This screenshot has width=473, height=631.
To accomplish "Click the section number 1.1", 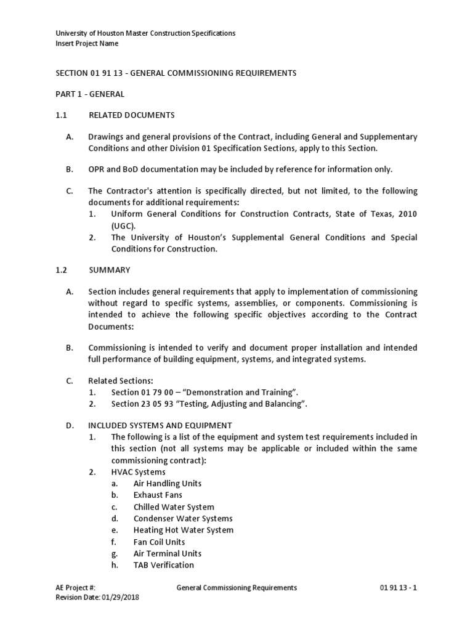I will click(60, 115).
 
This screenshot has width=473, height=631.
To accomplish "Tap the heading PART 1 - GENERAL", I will click(81, 94).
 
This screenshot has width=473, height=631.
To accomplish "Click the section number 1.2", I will click(60, 270).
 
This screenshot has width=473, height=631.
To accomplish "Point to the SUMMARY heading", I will click(110, 270).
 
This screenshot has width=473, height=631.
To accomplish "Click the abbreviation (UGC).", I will click(124, 226).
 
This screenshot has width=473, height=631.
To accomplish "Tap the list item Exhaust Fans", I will click(158, 495).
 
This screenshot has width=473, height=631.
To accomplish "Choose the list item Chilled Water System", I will click(174, 507).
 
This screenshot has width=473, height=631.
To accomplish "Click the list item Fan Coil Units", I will click(159, 542).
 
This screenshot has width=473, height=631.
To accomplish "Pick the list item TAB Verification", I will click(163, 565).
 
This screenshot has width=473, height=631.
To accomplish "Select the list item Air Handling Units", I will click(167, 484).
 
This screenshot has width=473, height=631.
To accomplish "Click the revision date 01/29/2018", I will click(118, 597).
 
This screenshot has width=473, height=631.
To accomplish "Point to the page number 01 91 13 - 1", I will click(398, 588).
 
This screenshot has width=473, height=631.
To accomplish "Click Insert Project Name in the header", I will click(87, 44).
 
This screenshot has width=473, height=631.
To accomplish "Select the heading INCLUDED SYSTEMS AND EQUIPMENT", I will click(160, 425).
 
